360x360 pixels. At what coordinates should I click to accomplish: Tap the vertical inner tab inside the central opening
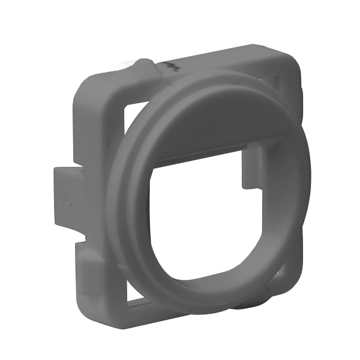(251, 167)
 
